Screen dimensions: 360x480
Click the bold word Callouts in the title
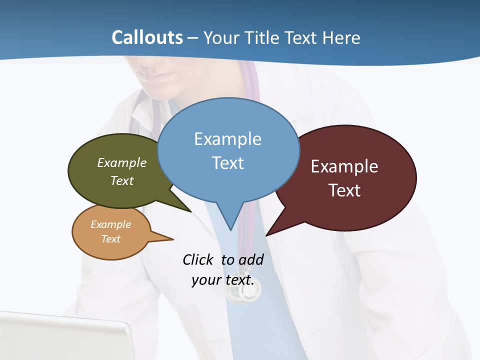click(x=147, y=37)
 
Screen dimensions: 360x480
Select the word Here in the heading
click(x=342, y=37)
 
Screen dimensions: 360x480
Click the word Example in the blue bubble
click(x=227, y=139)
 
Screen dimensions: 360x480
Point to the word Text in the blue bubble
click(x=227, y=163)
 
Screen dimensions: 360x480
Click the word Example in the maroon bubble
click(x=344, y=166)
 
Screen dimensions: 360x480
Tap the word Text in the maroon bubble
click(x=344, y=190)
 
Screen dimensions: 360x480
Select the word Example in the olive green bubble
click(x=122, y=162)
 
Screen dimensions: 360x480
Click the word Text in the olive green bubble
click(x=122, y=180)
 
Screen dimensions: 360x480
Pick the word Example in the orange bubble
click(x=110, y=224)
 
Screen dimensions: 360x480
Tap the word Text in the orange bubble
click(x=110, y=239)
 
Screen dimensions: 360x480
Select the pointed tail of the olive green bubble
click(x=187, y=209)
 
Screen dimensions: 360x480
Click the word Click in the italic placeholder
click(x=199, y=259)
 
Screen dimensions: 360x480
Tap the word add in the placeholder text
click(x=251, y=259)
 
